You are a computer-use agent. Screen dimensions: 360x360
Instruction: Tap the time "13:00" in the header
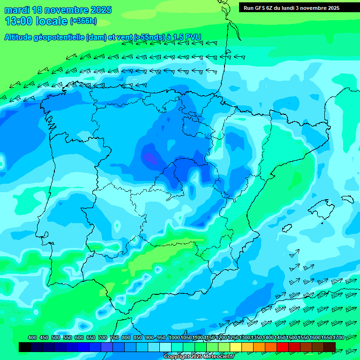pos(18,21)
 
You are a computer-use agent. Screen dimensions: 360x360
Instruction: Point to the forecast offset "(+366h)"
pos(83,21)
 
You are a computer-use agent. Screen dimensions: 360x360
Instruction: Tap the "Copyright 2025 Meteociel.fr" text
pos(198,357)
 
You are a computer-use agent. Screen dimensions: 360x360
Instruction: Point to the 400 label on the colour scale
pos(32,337)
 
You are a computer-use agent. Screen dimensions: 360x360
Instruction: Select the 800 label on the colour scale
pos(126,337)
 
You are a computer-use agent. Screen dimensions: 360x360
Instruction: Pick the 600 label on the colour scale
pos(79,337)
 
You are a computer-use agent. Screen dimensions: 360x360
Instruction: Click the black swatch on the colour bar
pos(25,347)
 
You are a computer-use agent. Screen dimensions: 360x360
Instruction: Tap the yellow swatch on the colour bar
pos(236,347)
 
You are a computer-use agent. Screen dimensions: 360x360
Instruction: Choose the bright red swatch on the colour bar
pos(283,347)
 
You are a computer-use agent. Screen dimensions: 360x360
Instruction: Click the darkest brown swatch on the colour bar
pos(330,347)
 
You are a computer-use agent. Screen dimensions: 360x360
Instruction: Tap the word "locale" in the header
pos(51,21)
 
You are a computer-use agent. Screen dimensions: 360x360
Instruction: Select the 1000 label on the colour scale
pos(174,337)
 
